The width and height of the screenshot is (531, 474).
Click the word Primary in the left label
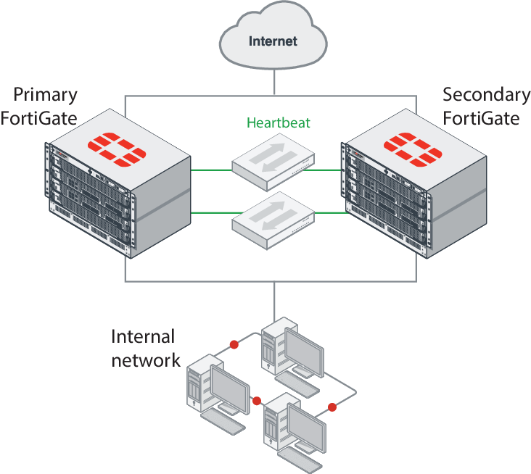(46, 95)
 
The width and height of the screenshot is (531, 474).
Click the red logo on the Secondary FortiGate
(412, 149)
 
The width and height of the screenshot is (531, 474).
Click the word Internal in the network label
(143, 336)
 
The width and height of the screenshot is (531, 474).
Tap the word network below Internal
(146, 359)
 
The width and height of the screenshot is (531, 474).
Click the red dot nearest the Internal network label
(234, 344)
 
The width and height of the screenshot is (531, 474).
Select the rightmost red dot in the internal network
(332, 406)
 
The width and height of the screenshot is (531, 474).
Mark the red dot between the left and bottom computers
(256, 400)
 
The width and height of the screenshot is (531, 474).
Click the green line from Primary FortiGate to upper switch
(210, 170)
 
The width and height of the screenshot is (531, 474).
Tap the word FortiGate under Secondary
(482, 117)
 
